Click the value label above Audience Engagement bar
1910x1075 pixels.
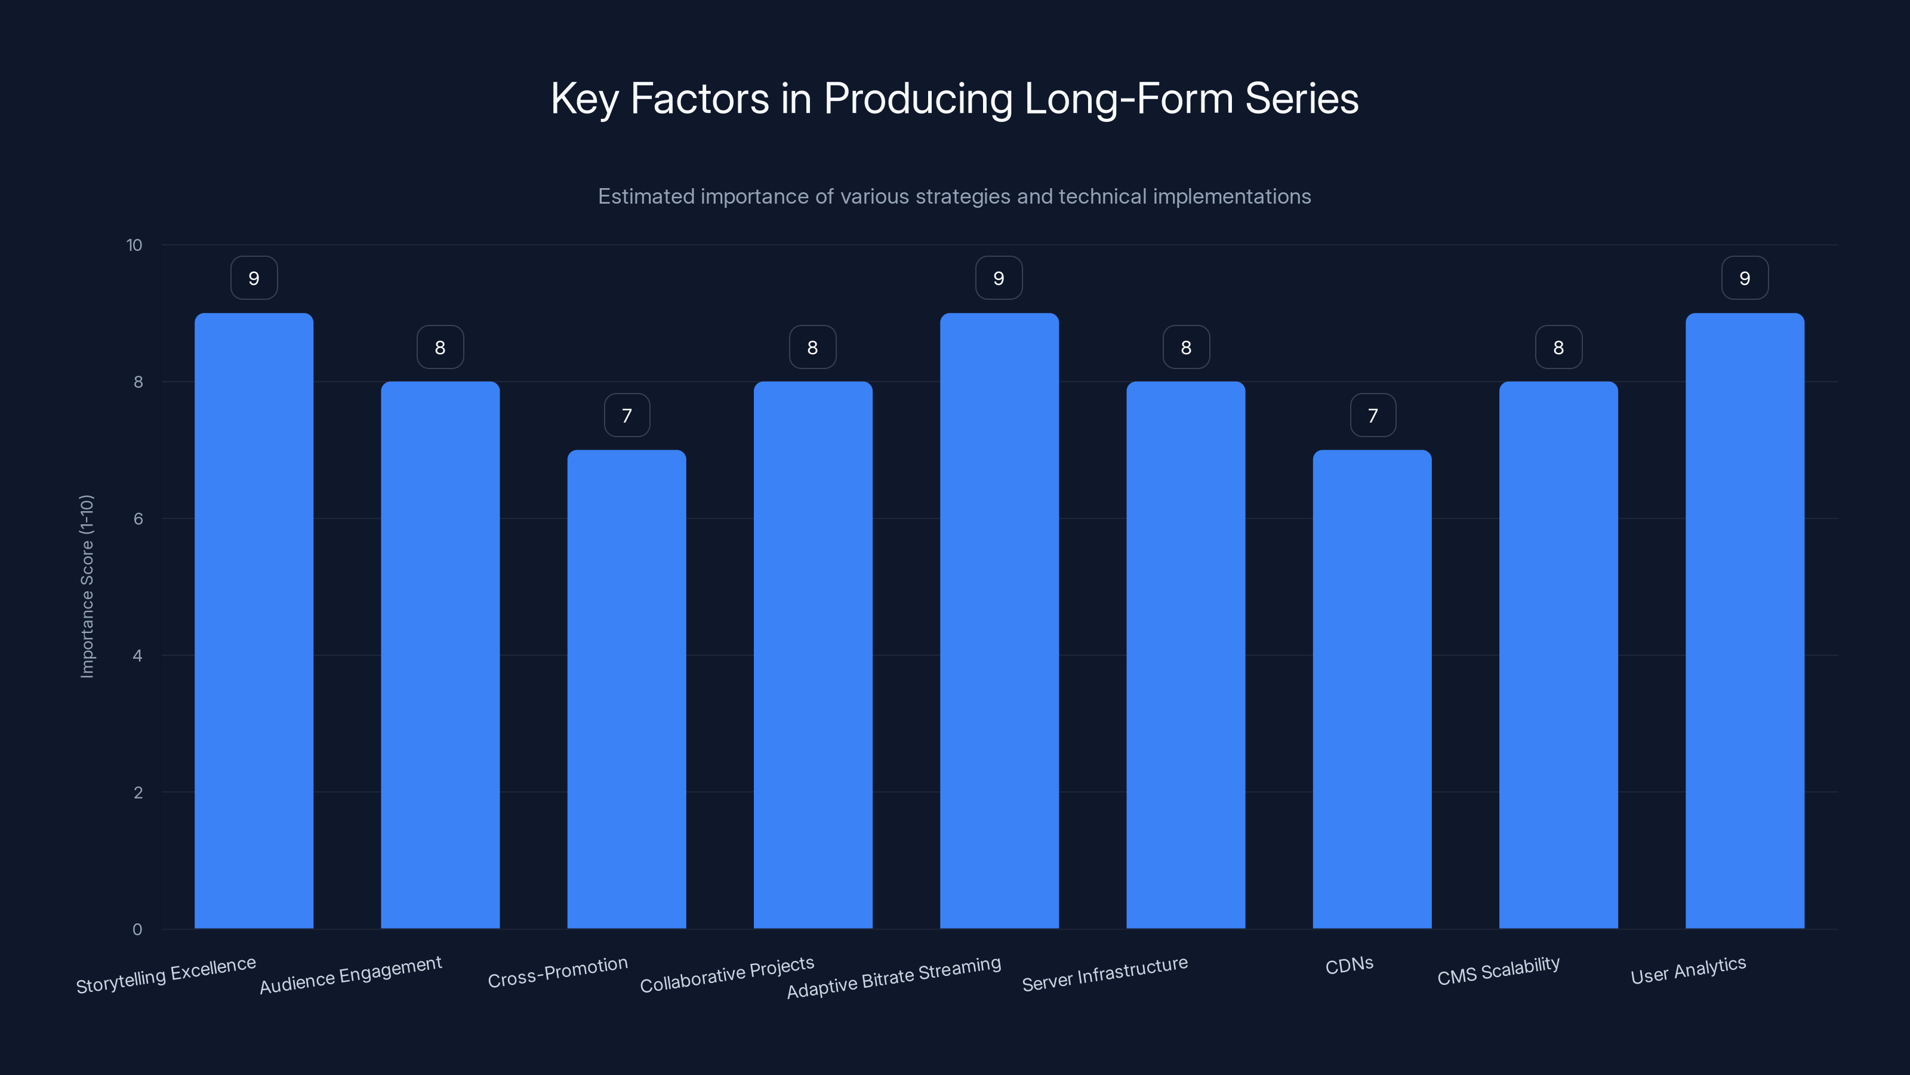440,347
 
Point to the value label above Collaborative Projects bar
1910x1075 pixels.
812,347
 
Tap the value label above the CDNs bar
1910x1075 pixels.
1372,416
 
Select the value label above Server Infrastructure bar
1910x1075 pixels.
1185,347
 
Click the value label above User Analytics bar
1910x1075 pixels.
1745,278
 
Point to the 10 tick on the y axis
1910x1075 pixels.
134,245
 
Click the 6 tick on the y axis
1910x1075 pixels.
138,518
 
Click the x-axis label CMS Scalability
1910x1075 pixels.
1499,970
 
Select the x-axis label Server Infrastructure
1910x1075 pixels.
1105,973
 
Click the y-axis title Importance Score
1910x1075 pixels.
87,586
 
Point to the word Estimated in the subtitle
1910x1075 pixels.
646,196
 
